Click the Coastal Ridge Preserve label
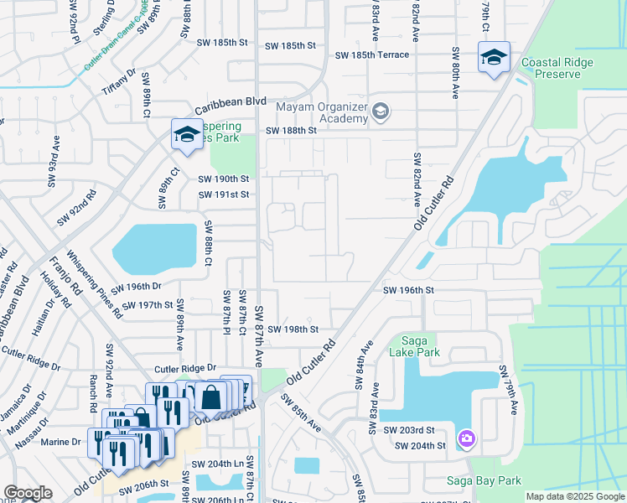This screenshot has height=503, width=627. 551,68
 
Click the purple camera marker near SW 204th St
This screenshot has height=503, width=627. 467,438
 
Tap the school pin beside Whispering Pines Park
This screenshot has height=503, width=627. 186,134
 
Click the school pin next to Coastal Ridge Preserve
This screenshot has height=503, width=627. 494,58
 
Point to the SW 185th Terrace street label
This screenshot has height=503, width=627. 372,55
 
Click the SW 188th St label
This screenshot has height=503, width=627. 292,131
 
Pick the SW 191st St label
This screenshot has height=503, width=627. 224,194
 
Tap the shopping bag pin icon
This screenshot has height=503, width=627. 210,397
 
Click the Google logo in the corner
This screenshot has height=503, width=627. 28,493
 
